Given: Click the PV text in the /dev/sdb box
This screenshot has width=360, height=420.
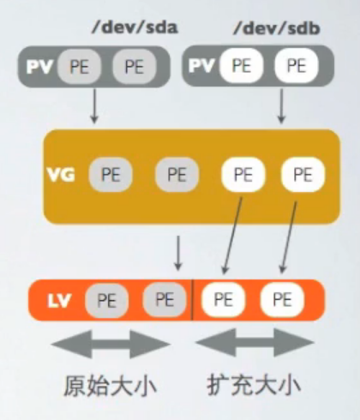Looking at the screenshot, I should pos(201,66).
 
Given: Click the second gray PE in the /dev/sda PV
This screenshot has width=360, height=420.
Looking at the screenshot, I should pos(134,67).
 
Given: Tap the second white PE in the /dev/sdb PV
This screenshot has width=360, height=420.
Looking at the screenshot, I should pos(295,66).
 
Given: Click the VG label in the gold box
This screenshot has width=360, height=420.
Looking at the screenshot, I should pos(61,175).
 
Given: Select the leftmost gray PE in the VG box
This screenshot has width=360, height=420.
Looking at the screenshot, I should pos(111,175).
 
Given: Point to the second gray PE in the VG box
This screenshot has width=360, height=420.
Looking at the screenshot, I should pos(176,175).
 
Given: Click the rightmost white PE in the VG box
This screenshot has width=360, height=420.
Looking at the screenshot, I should pos(302,175).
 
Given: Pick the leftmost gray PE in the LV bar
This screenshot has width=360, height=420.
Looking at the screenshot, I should pos(106,300).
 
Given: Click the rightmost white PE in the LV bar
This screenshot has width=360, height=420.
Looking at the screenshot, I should pos(281,300).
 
